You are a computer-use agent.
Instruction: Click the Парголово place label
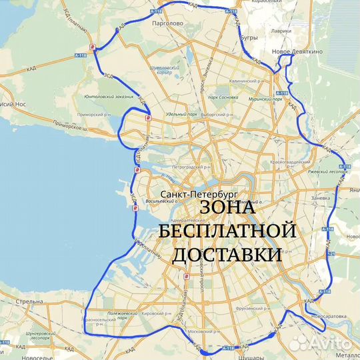[x=167, y=23]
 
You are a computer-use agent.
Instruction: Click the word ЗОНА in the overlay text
[x=226, y=209]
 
